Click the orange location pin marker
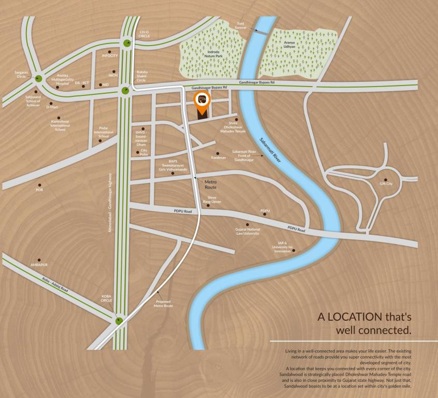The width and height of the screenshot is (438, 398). pos(202,101)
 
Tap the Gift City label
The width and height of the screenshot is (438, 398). pos(386,184)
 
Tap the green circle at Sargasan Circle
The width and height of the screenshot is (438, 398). pos(38,79)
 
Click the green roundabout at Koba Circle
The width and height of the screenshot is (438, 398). pos(120,321)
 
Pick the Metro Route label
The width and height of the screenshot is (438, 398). pos(210,184)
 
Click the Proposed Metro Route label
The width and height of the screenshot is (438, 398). pos(164,304)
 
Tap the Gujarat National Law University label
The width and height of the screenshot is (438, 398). pos(248,231)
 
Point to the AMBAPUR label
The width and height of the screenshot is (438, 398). pos(39,264)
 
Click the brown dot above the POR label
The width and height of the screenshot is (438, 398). pos(39,184)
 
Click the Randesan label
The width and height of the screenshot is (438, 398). pos(219,158)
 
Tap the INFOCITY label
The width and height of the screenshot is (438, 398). pos(110,55)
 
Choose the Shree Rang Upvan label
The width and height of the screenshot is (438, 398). pos(215,199)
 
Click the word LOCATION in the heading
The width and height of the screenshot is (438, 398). pos(355,317)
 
